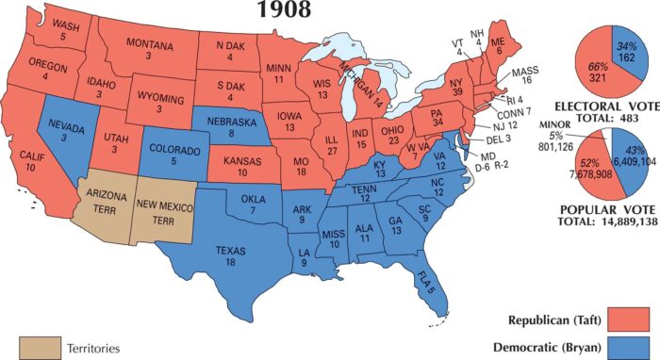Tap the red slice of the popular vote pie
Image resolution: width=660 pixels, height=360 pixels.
(x=595, y=166)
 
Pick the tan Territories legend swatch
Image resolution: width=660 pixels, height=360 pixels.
(x=37, y=348)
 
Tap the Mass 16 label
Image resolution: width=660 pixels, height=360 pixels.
(x=524, y=76)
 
